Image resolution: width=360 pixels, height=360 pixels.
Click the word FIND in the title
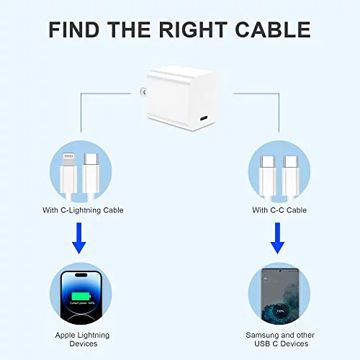74,30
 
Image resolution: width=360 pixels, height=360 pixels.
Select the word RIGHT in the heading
193,30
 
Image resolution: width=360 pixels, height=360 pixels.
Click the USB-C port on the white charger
204,119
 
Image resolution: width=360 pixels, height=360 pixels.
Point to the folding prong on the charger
143,92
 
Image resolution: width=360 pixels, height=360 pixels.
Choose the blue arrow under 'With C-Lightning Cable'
79,238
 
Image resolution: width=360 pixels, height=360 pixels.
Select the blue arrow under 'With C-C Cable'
277,238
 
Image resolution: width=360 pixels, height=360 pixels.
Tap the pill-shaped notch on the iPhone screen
81,275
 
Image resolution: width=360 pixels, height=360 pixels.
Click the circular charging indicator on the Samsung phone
280,311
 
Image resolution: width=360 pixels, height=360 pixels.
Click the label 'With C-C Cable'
279,210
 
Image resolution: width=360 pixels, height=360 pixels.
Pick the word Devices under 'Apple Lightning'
84,343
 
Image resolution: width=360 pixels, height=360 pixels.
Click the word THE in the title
129,30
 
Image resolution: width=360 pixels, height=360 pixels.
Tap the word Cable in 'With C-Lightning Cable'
113,210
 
